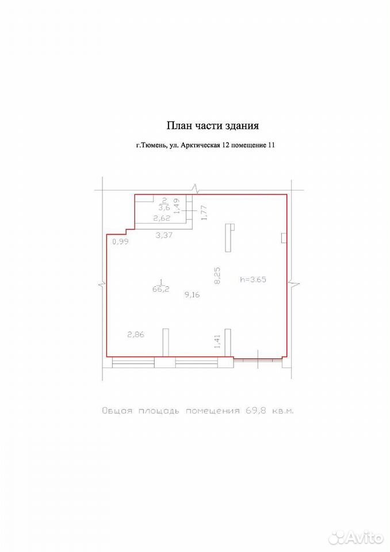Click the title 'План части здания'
213,126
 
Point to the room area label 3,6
165,208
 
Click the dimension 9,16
192,295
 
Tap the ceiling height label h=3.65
253,280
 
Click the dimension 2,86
136,335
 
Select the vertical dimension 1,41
217,342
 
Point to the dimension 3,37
164,235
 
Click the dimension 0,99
120,241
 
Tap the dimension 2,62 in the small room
162,218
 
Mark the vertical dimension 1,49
177,206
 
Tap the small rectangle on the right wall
284,238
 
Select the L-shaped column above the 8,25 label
230,238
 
